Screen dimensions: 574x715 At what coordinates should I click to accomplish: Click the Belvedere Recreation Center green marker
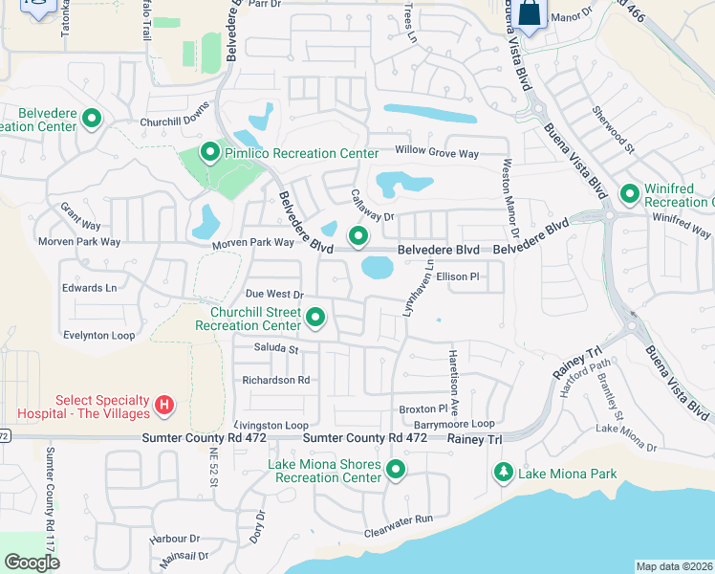(93, 119)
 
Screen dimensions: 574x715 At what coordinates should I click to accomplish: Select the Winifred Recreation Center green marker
(630, 194)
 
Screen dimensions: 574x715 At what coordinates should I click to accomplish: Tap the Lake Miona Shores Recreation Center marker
(395, 470)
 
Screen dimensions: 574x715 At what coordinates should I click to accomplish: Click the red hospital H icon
(164, 407)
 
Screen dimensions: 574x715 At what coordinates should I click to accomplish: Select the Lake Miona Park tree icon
(504, 473)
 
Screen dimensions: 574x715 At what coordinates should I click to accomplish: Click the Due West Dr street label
(273, 295)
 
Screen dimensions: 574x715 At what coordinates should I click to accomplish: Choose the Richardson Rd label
(276, 380)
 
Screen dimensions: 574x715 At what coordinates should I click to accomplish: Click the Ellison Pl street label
(456, 276)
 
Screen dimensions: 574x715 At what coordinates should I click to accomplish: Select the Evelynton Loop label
(98, 336)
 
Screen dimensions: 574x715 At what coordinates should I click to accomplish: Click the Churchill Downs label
(173, 121)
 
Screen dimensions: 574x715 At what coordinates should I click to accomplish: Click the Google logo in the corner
(32, 562)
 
